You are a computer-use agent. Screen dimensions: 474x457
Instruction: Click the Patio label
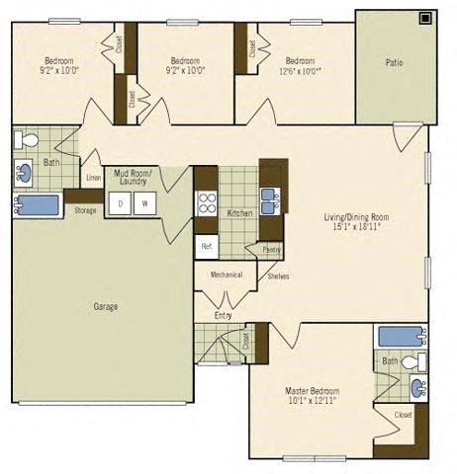pyautogui.click(x=395, y=62)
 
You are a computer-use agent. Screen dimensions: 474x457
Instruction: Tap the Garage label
pyautogui.click(x=105, y=306)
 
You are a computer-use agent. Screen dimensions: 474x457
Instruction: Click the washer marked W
pyautogui.click(x=144, y=203)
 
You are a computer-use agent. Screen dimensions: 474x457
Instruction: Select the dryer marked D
pyautogui.click(x=121, y=203)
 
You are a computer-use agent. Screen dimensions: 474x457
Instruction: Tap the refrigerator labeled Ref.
pyautogui.click(x=207, y=245)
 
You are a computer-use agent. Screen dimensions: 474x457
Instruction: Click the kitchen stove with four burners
pyautogui.click(x=208, y=203)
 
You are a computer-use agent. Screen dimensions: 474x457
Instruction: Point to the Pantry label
pyautogui.click(x=270, y=251)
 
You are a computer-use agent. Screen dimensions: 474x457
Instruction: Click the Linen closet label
pyautogui.click(x=93, y=178)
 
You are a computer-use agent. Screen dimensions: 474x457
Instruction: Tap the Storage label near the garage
pyautogui.click(x=85, y=209)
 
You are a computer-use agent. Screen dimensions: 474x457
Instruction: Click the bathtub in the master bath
pyautogui.click(x=402, y=337)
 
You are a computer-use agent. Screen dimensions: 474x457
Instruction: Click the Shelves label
pyautogui.click(x=278, y=276)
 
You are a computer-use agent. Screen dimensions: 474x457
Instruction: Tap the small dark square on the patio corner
pyautogui.click(x=425, y=17)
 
